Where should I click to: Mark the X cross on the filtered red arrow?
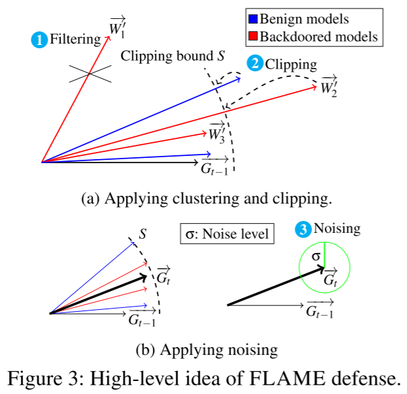point(88,73)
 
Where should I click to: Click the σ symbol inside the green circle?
point(316,256)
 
